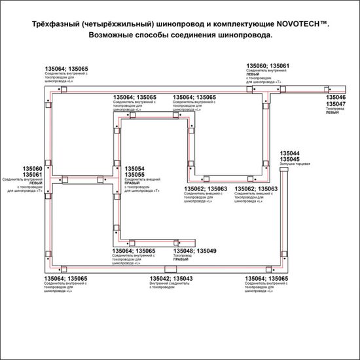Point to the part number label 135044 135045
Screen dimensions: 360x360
click(289, 155)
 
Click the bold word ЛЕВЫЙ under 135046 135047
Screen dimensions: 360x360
click(333, 113)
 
